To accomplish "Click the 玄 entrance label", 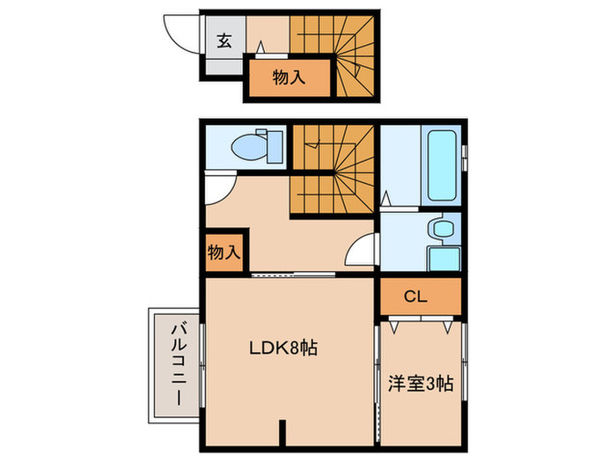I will [224, 40].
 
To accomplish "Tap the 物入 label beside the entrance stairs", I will [289, 77].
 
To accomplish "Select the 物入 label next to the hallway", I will [224, 252].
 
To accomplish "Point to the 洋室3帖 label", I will [421, 384].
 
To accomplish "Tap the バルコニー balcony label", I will [175, 362].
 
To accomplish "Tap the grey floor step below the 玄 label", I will [216, 64].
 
